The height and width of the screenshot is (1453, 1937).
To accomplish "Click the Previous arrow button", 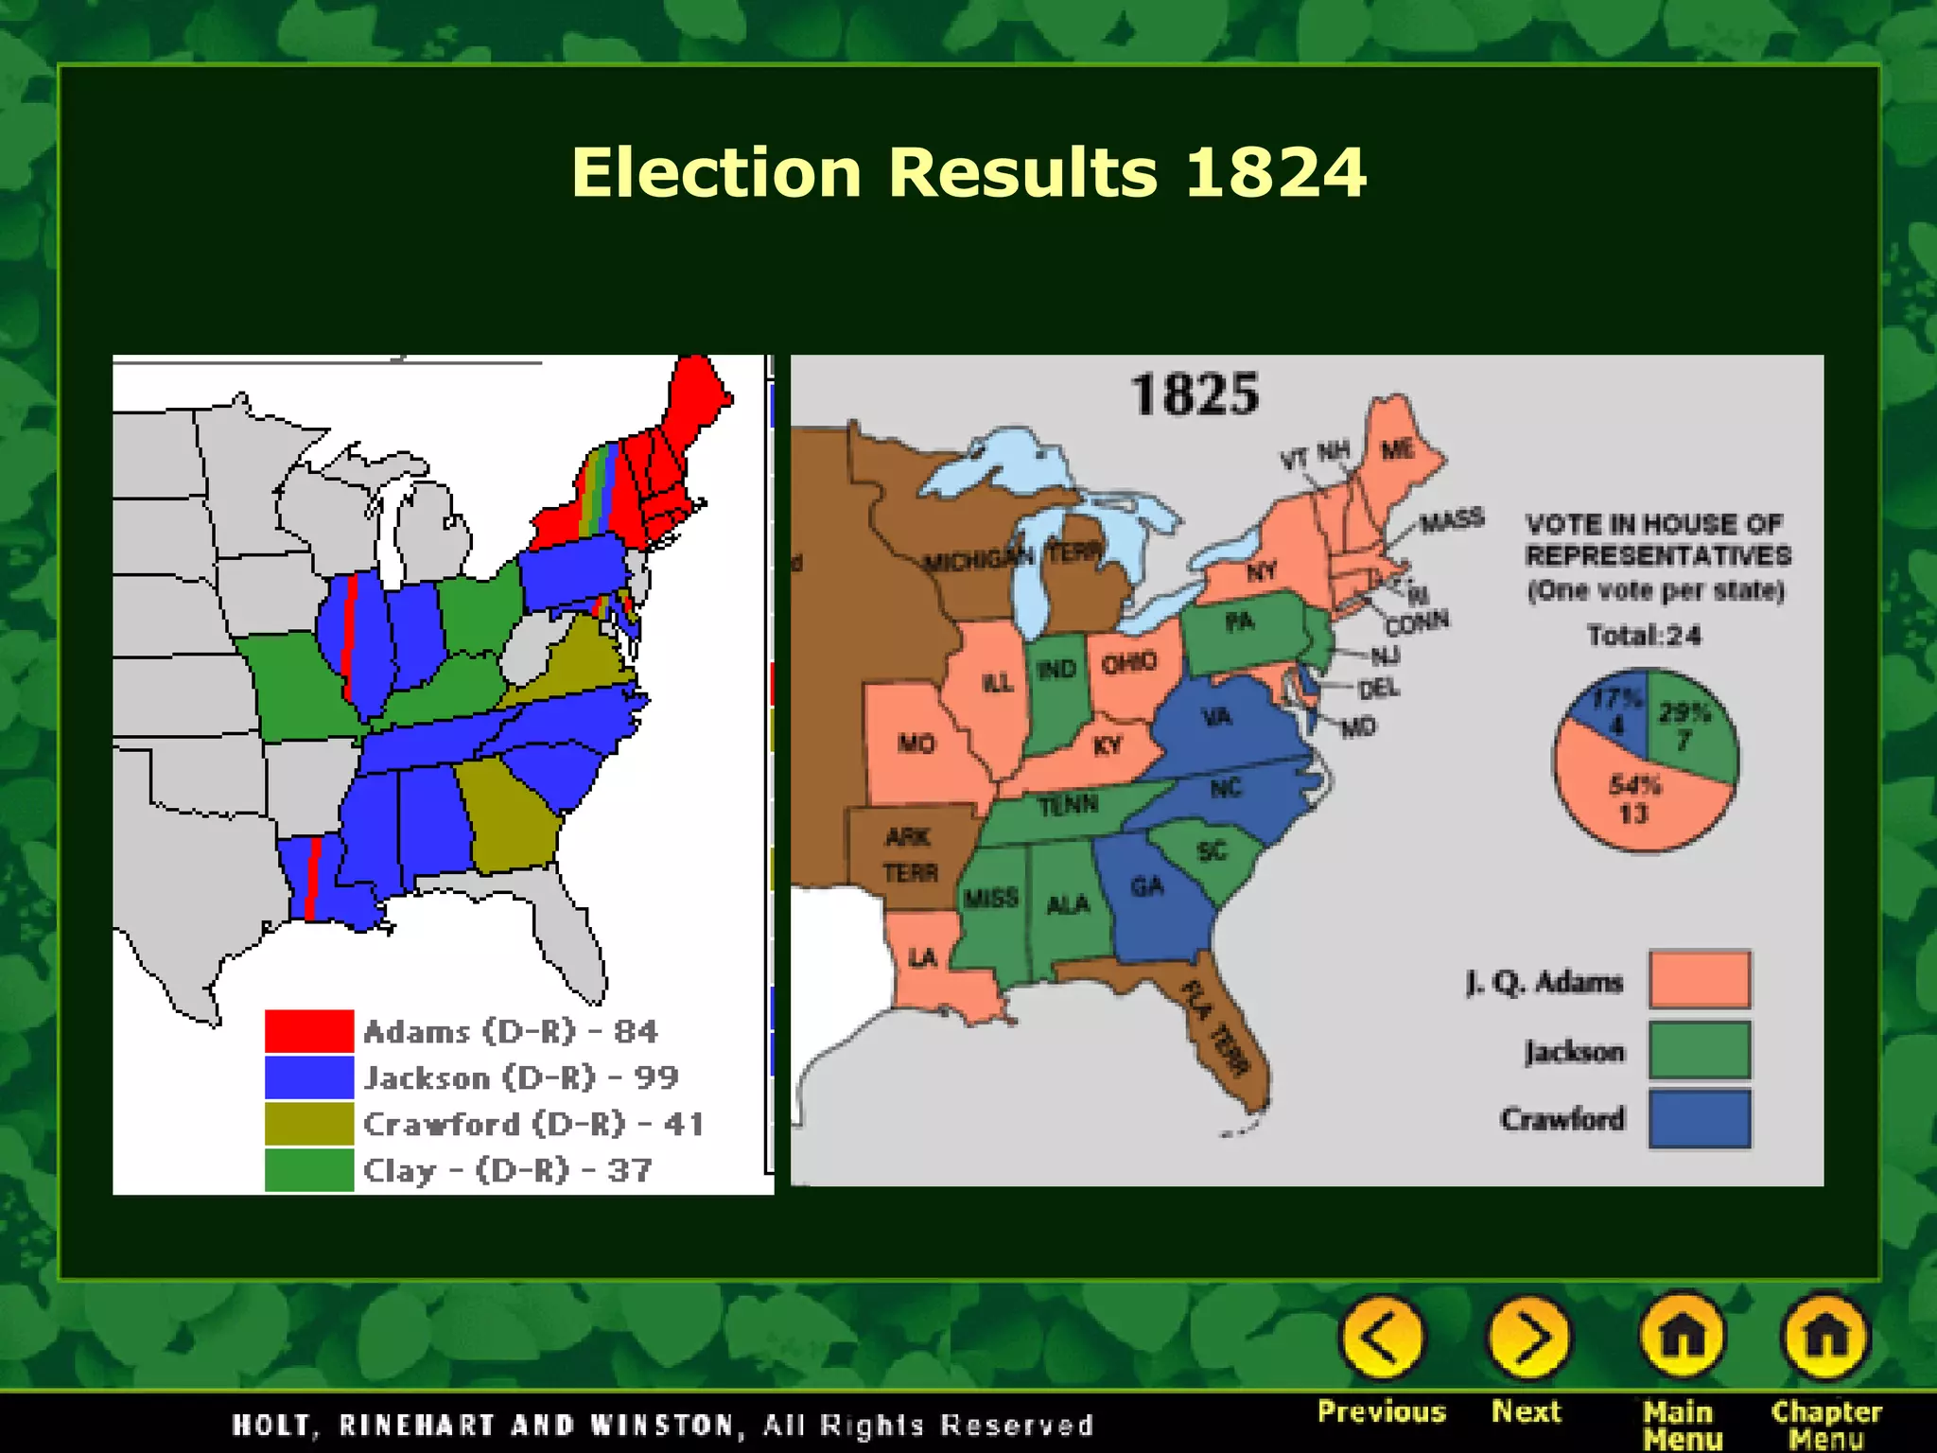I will tap(1382, 1338).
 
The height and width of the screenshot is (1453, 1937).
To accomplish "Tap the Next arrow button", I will tap(1528, 1338).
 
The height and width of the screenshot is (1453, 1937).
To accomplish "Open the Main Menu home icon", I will tap(1682, 1338).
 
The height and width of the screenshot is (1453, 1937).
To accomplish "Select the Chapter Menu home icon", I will tap(1825, 1338).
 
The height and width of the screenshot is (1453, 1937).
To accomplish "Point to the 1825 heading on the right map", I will tap(1195, 394).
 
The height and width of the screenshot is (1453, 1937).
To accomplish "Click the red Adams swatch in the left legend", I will tap(309, 1031).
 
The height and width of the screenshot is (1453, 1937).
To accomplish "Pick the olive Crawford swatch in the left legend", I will tap(309, 1124).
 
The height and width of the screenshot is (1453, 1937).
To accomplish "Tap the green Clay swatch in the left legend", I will tap(309, 1170).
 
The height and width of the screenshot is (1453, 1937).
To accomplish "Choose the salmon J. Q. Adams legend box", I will tap(1700, 980).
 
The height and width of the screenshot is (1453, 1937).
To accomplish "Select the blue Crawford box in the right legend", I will tap(1700, 1119).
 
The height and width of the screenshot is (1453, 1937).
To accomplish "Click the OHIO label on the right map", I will tap(1128, 663).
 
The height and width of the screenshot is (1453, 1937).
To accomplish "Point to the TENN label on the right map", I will tap(1068, 806).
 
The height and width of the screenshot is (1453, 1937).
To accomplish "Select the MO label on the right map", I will tap(916, 744).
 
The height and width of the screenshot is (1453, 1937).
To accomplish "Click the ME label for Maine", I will tap(1398, 449).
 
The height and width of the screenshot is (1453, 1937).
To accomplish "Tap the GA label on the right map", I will tap(1146, 886).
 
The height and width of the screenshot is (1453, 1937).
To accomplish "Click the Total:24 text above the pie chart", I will tap(1644, 635).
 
